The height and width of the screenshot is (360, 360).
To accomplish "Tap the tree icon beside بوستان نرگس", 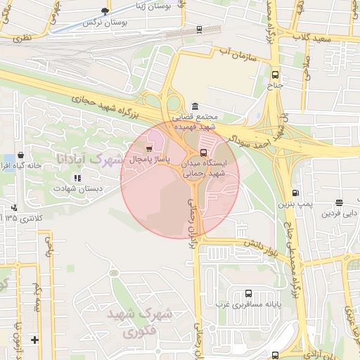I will pos(105,11).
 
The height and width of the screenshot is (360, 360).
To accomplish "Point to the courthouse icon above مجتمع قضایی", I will pos(195,105).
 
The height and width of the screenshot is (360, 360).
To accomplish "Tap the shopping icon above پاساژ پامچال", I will pos(148,149).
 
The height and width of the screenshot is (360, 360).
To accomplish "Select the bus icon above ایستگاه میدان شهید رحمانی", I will pos(204,151).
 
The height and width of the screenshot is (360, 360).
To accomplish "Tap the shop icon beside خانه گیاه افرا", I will pos(20,155).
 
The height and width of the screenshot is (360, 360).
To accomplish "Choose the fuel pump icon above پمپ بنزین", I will pos(295,193).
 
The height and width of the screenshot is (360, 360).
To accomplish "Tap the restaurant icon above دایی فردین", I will pos(339,202).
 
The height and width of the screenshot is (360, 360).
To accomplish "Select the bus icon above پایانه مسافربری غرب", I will pos(247,294).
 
